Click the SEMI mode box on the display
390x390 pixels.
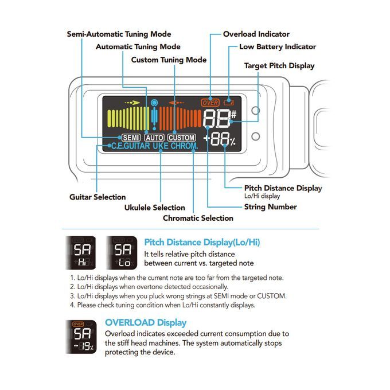coord(131,138)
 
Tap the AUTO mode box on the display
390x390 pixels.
coord(154,138)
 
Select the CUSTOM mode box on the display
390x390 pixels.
coord(182,138)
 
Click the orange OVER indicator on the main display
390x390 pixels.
coord(210,103)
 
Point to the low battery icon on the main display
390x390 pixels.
coord(228,102)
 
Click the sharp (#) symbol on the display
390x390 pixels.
coord(233,114)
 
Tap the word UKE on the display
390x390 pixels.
coord(161,146)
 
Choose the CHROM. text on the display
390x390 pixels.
coord(184,146)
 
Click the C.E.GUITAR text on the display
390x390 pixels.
coord(131,146)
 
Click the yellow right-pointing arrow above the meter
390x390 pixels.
coord(132,103)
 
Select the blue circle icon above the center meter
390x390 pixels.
coord(154,103)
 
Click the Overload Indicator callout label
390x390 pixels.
coord(256,34)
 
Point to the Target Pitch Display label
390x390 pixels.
coord(279,65)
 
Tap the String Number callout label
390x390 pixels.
coord(271,207)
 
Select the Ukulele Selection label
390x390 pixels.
coord(155,208)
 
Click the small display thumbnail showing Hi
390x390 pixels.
coord(81,253)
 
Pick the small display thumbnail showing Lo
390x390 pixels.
coord(122,253)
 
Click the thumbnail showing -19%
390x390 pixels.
coord(81,337)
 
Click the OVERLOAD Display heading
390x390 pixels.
coord(146,322)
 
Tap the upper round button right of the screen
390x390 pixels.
coord(256,111)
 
